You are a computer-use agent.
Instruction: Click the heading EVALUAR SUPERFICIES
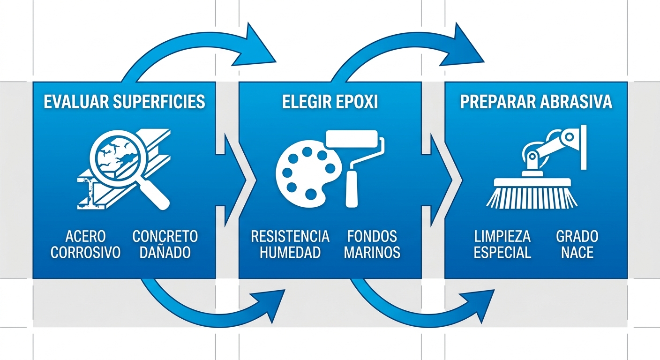coord(124,102)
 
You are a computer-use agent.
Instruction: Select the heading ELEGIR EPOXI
coord(330,102)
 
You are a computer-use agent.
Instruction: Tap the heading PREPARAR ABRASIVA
coord(536,102)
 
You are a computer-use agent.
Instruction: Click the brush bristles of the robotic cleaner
coord(532,196)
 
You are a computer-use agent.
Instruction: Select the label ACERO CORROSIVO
coord(85,244)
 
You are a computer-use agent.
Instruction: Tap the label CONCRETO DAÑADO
coord(165,244)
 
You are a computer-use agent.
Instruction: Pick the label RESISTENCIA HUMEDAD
coord(290,244)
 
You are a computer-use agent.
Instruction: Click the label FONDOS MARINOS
coord(372,244)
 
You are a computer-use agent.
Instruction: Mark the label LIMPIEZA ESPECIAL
coord(502,244)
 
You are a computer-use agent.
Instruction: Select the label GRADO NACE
coord(577,244)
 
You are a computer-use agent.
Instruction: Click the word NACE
coord(577,253)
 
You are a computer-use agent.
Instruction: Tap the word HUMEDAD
coord(290,253)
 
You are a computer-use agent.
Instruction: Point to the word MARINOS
coord(372,253)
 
